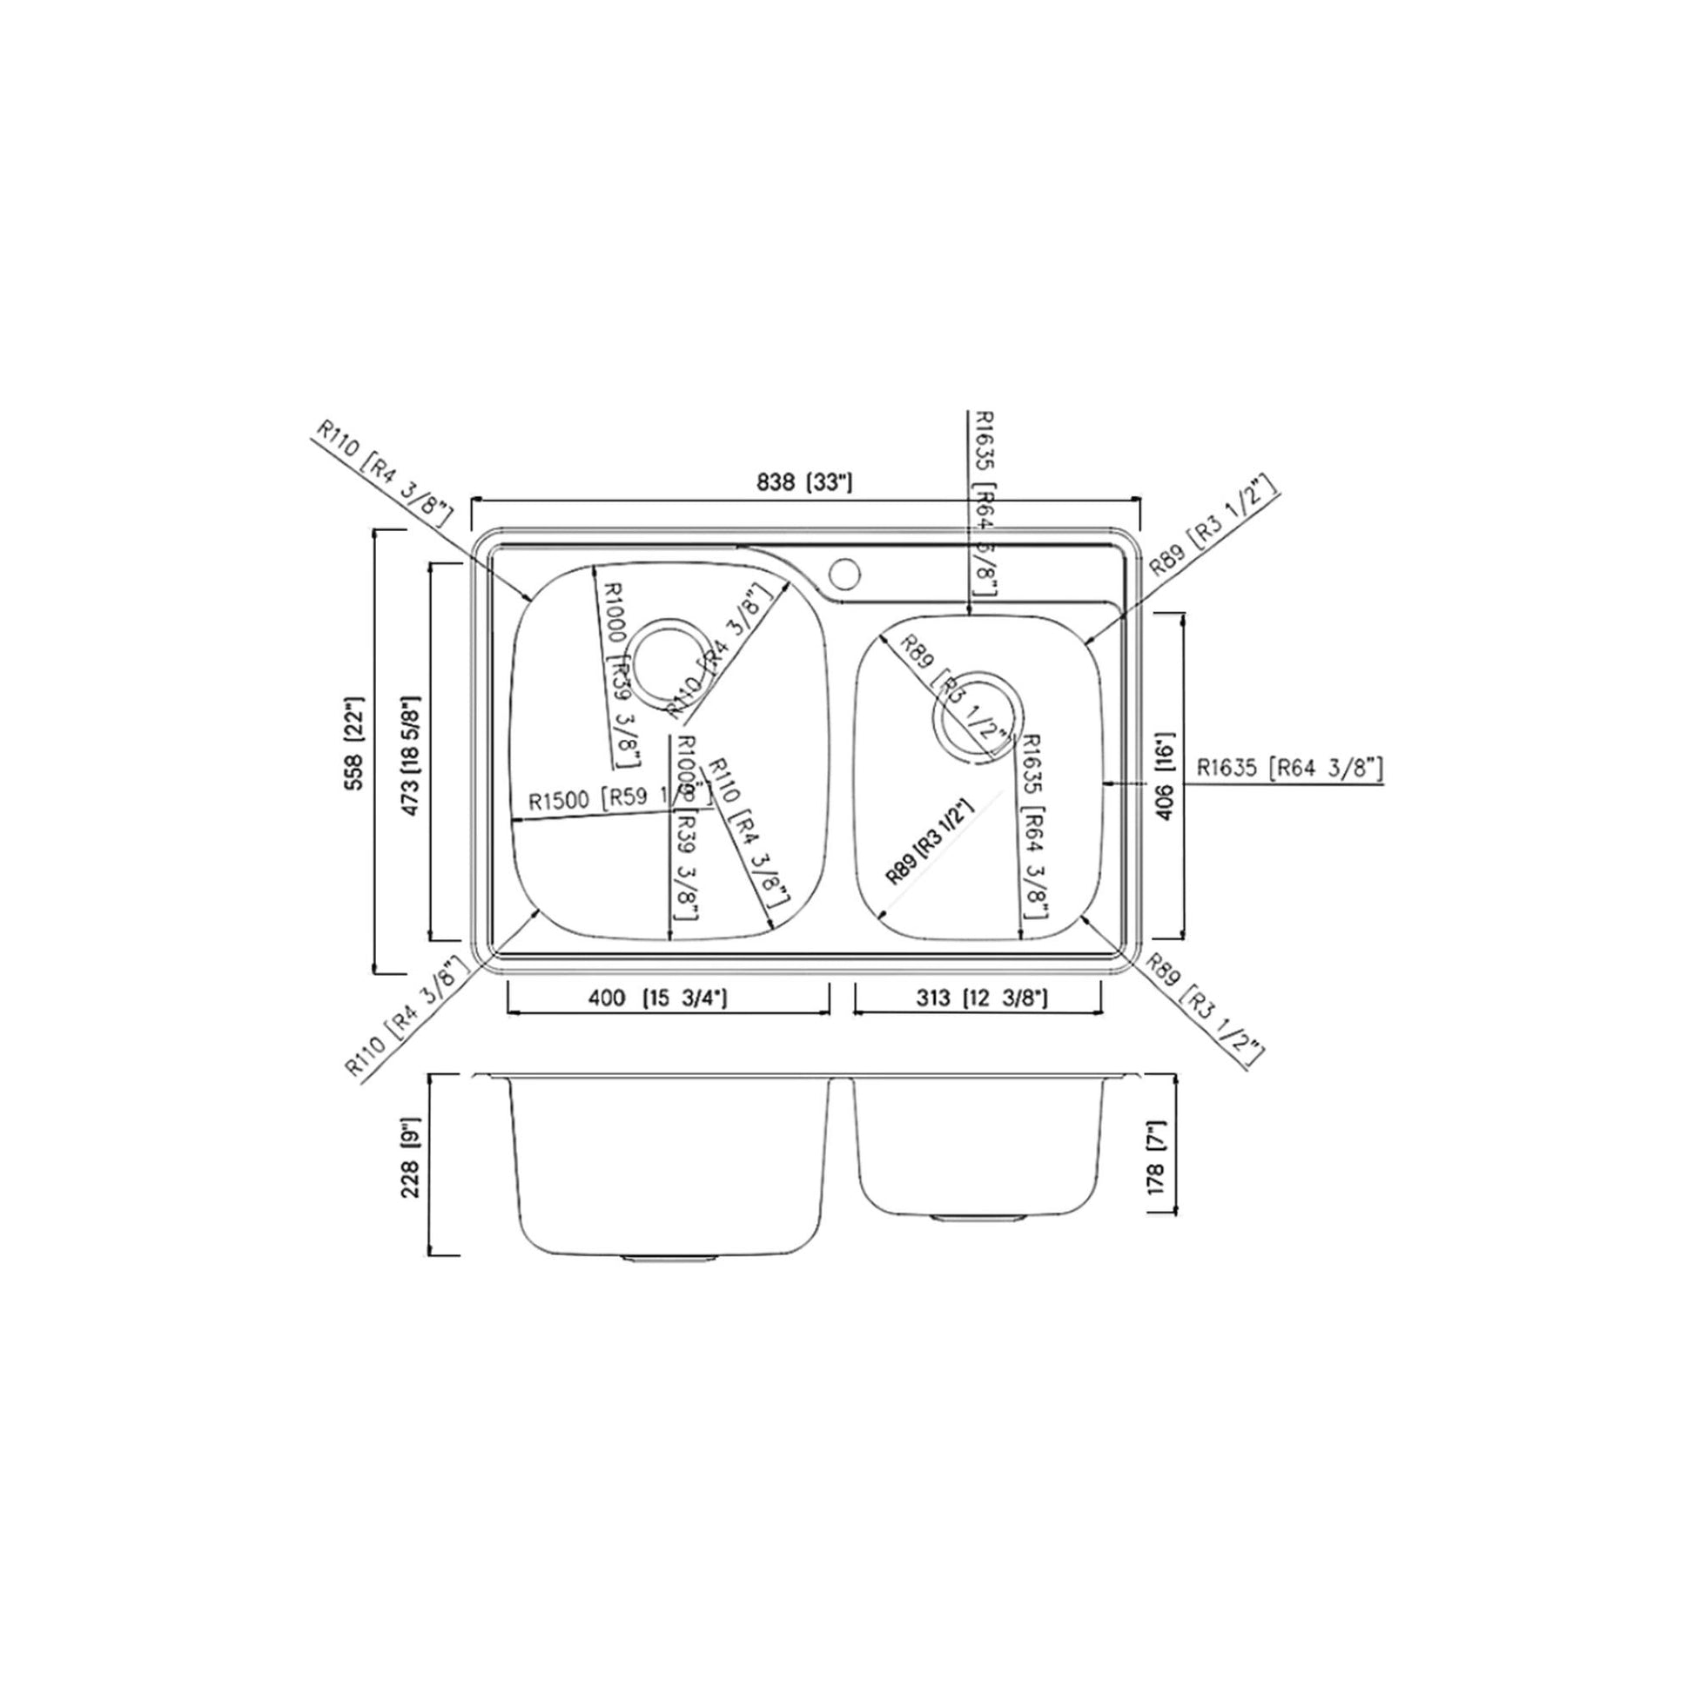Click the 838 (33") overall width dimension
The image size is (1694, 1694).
tap(804, 481)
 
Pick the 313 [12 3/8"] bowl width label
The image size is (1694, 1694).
tap(981, 998)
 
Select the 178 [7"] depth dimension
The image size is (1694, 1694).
tap(1157, 1158)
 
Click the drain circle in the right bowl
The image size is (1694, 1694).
tap(977, 718)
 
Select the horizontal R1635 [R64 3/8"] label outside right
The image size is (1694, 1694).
tap(1290, 769)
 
